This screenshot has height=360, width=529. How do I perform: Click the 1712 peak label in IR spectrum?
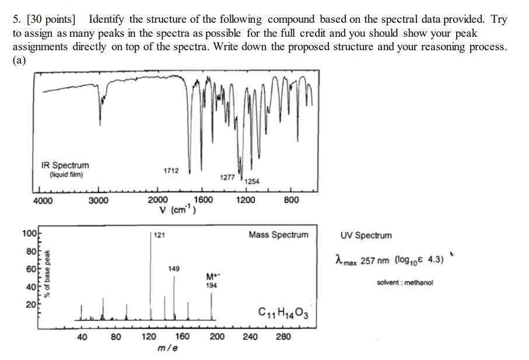[x=171, y=170]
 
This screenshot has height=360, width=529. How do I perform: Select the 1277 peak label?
[x=228, y=177]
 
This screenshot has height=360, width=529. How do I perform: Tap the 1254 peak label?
[x=252, y=182]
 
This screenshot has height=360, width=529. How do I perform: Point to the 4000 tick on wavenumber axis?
[x=42, y=201]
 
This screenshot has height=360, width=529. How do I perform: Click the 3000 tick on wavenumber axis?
[x=98, y=201]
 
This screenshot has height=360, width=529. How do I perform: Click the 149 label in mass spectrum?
[x=174, y=269]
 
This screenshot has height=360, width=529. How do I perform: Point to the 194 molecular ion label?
[x=211, y=285]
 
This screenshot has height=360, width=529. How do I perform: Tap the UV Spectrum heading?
[x=366, y=236]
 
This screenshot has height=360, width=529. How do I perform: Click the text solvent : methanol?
[x=405, y=282]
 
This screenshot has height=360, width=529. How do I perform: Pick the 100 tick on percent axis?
[x=29, y=234]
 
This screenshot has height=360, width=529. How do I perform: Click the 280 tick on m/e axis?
[x=283, y=337]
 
